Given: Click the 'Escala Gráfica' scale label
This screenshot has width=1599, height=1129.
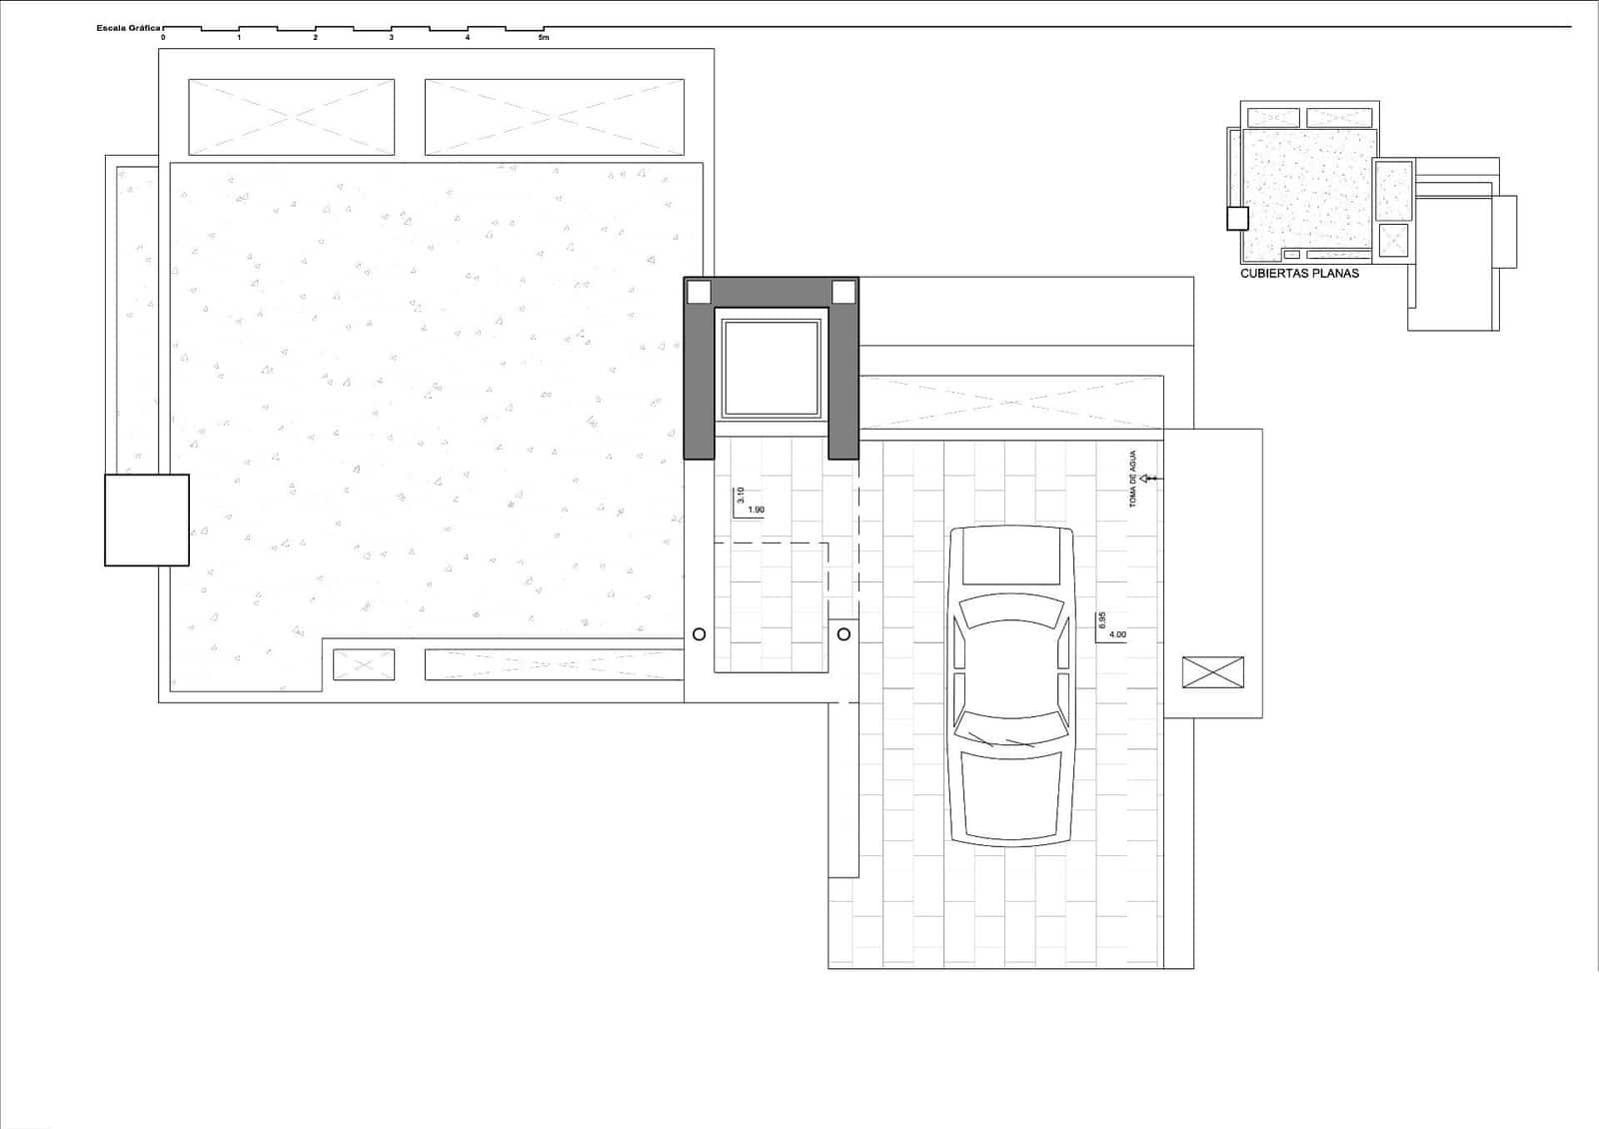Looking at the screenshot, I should tap(128, 28).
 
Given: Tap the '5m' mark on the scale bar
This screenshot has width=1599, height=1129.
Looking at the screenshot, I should tap(544, 38).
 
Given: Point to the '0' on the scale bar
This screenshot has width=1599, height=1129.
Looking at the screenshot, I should tap(163, 38).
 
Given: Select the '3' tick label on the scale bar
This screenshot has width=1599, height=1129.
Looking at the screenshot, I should tap(391, 38).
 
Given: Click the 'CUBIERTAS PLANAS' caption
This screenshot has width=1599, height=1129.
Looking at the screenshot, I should tap(1299, 273).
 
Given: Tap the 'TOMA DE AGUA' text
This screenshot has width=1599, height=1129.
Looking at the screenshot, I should tap(1133, 480).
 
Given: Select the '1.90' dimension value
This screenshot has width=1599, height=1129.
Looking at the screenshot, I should tap(756, 511).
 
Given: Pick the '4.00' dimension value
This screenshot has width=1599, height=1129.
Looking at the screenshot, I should tap(1117, 634).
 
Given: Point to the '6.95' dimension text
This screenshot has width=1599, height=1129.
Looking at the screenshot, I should tap(1102, 619).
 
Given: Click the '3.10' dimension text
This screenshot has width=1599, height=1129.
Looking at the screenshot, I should tap(741, 495).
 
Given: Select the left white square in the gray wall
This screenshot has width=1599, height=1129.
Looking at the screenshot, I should tap(699, 292).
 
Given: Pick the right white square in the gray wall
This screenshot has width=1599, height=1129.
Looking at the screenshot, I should tap(843, 292).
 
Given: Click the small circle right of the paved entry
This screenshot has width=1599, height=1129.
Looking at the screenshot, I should tap(843, 633).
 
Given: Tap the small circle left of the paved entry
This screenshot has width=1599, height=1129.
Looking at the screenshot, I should tap(699, 633).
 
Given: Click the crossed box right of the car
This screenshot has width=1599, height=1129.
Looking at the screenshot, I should tap(1212, 672).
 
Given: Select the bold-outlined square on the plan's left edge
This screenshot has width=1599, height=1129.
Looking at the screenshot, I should tap(147, 520).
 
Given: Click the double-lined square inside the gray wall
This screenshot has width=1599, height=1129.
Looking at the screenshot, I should tap(772, 368).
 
